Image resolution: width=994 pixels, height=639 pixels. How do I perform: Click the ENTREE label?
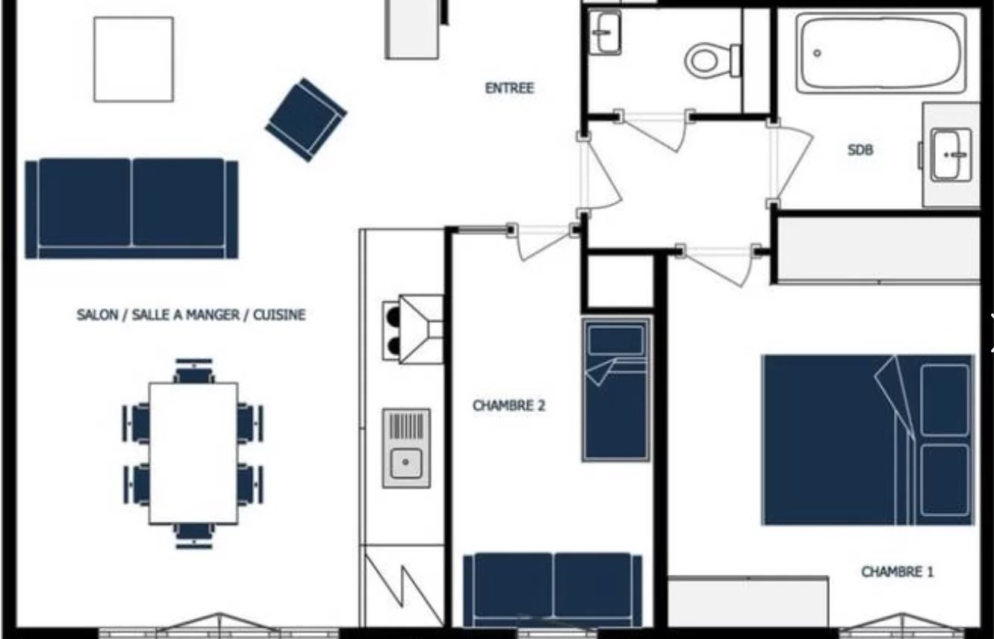coord(510,88)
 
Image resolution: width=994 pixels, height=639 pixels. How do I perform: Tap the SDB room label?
coord(860,151)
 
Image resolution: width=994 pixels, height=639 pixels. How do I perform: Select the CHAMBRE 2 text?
coord(509,405)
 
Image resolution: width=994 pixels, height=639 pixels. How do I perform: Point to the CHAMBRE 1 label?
coord(897,572)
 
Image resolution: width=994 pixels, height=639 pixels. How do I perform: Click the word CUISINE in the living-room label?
coord(279,315)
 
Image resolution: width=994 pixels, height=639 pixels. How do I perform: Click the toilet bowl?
coord(713,60)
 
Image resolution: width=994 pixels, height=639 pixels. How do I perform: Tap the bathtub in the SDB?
coord(881,53)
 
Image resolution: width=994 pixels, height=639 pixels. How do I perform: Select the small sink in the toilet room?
coord(604,32)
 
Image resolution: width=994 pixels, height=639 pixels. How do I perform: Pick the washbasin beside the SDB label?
coord(951,155)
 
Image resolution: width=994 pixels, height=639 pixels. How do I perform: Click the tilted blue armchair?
coord(306,120)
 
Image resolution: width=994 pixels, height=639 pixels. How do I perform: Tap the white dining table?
coord(193,453)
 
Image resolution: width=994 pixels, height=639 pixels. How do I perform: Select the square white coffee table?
coord(134,60)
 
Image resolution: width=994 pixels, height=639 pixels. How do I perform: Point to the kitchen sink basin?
coord(406,462)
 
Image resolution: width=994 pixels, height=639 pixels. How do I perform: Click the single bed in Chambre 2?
coord(616,389)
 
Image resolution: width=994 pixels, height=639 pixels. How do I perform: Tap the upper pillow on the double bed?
coord(944,400)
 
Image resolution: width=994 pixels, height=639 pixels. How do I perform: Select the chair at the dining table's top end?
coord(194,370)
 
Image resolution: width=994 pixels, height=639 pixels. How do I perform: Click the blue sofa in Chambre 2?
coord(552,589)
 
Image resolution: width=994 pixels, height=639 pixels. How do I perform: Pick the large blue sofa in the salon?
coord(131,208)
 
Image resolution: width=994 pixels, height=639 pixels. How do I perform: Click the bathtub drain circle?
coord(817,53)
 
